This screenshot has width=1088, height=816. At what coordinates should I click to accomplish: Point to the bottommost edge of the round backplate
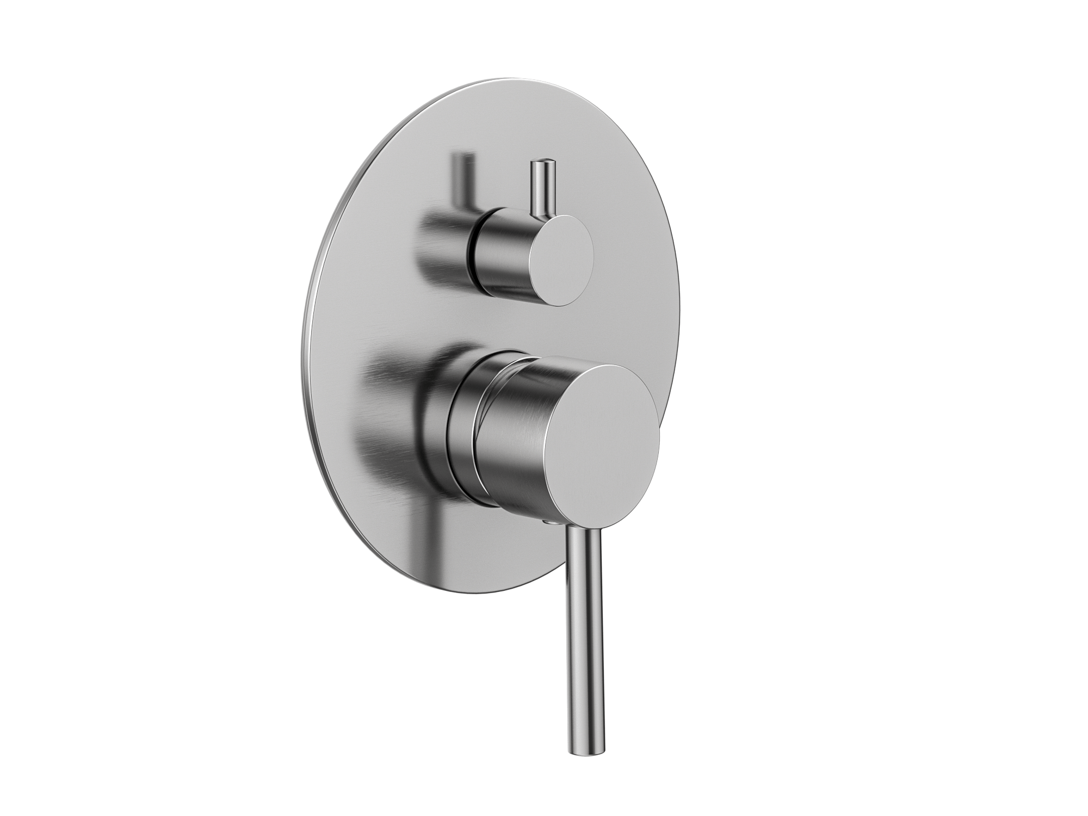(479, 593)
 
